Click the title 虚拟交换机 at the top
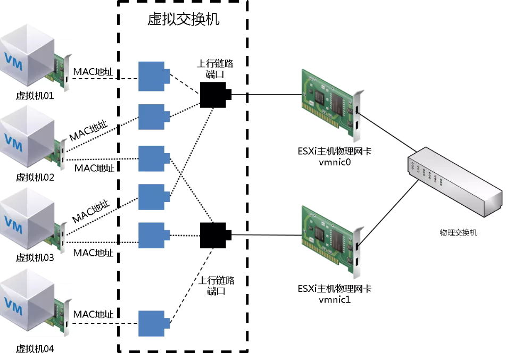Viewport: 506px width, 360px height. coord(183,20)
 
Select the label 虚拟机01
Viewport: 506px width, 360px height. coord(35,97)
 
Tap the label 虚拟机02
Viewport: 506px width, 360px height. coord(35,177)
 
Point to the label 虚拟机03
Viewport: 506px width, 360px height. coord(35,257)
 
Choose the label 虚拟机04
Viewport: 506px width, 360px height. coord(35,349)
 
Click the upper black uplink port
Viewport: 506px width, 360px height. coord(215,95)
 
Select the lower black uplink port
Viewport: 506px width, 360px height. coord(215,235)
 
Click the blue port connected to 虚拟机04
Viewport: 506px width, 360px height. coord(153,323)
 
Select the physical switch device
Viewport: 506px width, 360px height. coord(454,186)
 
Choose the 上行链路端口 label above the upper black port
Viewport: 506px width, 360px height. coord(215,68)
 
